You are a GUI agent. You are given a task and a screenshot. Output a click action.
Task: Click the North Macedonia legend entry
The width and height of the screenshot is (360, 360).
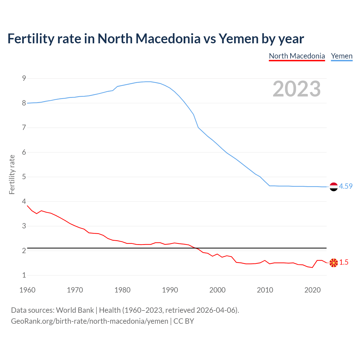click(297, 56)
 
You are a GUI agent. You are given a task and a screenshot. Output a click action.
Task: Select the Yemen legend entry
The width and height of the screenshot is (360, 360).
click(341, 56)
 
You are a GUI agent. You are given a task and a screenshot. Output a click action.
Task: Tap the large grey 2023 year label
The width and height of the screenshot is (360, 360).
click(297, 89)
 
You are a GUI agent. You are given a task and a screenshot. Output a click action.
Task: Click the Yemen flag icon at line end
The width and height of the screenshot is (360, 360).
click(334, 187)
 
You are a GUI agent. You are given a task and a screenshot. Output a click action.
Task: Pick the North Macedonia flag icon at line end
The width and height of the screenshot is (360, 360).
click(334, 263)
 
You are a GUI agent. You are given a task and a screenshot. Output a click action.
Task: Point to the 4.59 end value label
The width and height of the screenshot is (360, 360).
click(346, 186)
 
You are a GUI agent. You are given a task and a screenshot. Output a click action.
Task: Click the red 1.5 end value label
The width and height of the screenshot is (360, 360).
click(344, 262)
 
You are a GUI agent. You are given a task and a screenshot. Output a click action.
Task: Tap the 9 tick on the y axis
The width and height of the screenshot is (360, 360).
click(24, 78)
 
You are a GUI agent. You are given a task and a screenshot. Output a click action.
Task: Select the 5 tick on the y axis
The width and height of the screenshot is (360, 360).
click(24, 177)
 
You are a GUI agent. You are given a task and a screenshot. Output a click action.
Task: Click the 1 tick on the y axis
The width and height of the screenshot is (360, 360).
click(24, 275)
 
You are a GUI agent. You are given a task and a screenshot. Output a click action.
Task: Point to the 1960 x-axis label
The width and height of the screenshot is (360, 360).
click(27, 290)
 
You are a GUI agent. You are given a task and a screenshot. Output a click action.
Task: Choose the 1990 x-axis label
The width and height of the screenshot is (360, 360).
click(170, 290)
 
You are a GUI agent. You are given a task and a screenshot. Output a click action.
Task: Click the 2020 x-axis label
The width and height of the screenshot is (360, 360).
click(312, 290)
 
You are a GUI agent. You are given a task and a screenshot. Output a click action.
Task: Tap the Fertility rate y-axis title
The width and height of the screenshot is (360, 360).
click(12, 174)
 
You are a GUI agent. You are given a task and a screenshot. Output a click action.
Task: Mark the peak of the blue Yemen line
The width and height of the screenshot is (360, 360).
click(148, 82)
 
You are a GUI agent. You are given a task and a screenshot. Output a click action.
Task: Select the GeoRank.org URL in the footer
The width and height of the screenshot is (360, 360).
click(89, 321)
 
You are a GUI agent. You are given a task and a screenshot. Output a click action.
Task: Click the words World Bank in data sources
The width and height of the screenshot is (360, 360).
click(75, 310)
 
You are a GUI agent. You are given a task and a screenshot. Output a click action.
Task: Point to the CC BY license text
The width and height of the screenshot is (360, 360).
click(184, 321)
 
